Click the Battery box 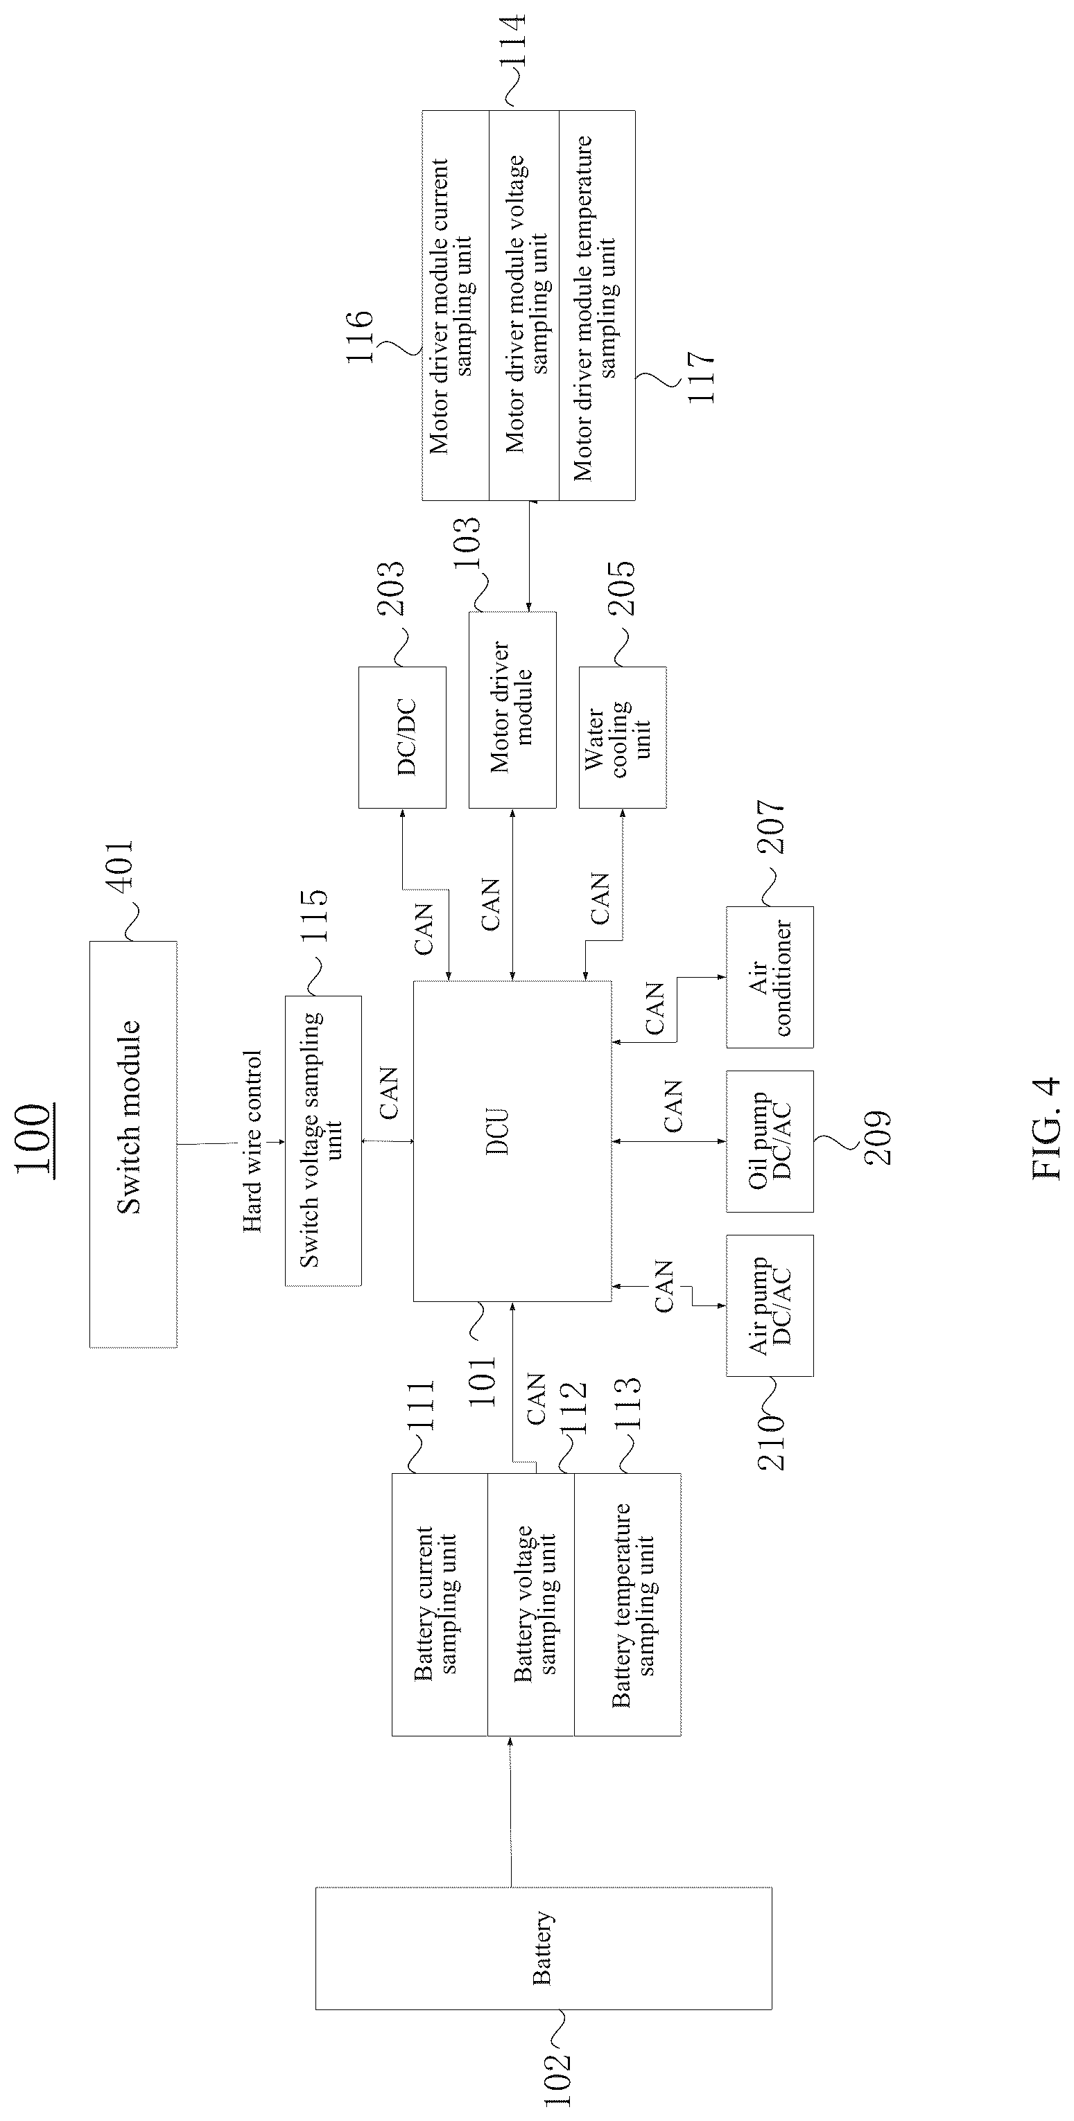[x=544, y=1946]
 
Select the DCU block [x=512, y=1141]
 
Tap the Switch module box [x=132, y=1144]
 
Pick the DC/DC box [x=402, y=737]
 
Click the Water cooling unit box [x=622, y=737]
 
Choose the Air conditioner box [x=769, y=976]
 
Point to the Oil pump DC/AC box [x=769, y=1141]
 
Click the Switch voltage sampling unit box [x=323, y=1141]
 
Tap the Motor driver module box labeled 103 [x=512, y=710]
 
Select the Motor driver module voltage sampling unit [x=523, y=305]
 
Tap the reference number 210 [x=771, y=1442]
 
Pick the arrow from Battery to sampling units [x=510, y=1810]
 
